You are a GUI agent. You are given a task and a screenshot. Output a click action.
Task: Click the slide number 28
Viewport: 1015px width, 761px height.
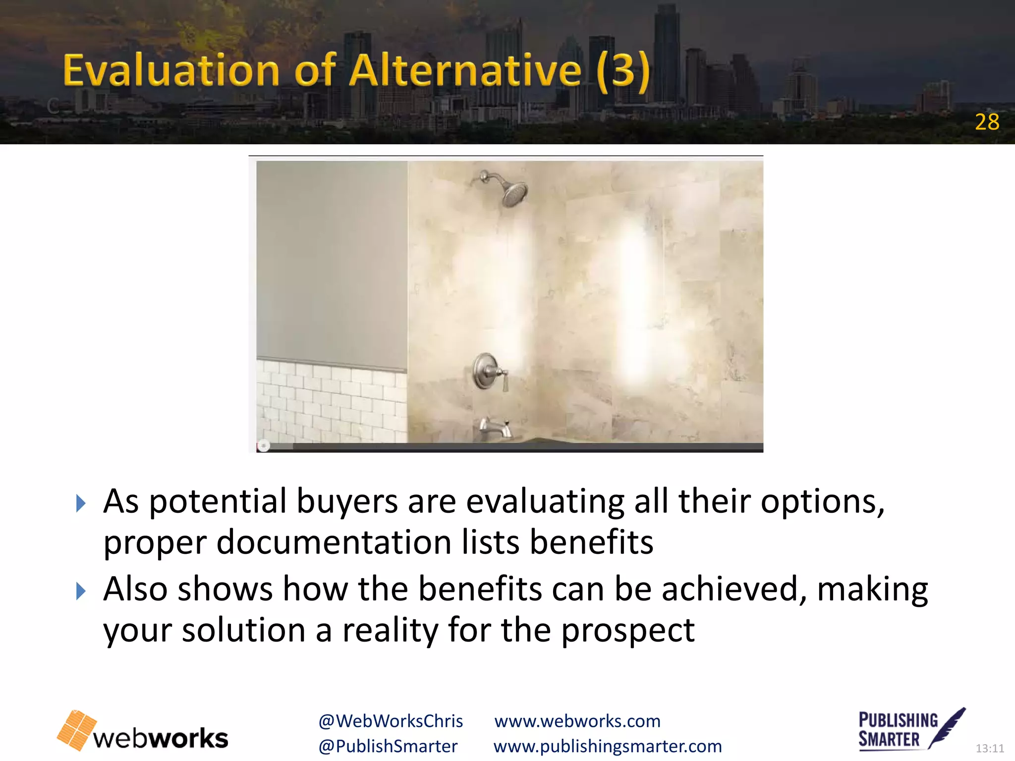point(987,122)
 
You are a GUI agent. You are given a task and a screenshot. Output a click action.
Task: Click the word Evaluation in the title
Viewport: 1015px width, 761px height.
point(171,71)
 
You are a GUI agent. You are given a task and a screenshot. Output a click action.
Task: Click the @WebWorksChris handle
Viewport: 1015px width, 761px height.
point(391,721)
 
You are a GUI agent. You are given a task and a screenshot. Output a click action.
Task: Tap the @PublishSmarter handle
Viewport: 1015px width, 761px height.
point(388,746)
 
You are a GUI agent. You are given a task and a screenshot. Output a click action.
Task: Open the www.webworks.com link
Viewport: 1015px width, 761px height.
point(577,721)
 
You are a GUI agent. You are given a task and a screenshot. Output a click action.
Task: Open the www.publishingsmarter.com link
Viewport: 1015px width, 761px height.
point(608,746)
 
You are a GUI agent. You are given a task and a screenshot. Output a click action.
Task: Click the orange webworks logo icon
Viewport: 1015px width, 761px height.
point(77,730)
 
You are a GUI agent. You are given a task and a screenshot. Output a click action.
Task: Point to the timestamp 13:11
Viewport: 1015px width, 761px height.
point(990,748)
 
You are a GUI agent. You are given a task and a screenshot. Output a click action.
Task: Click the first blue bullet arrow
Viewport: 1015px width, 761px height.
point(81,504)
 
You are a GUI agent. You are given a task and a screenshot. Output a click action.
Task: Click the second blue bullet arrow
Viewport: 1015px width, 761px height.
point(81,591)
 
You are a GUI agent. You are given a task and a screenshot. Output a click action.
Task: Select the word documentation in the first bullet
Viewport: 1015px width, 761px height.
point(334,542)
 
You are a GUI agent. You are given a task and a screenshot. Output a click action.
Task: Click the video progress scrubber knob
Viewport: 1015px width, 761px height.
point(264,446)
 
